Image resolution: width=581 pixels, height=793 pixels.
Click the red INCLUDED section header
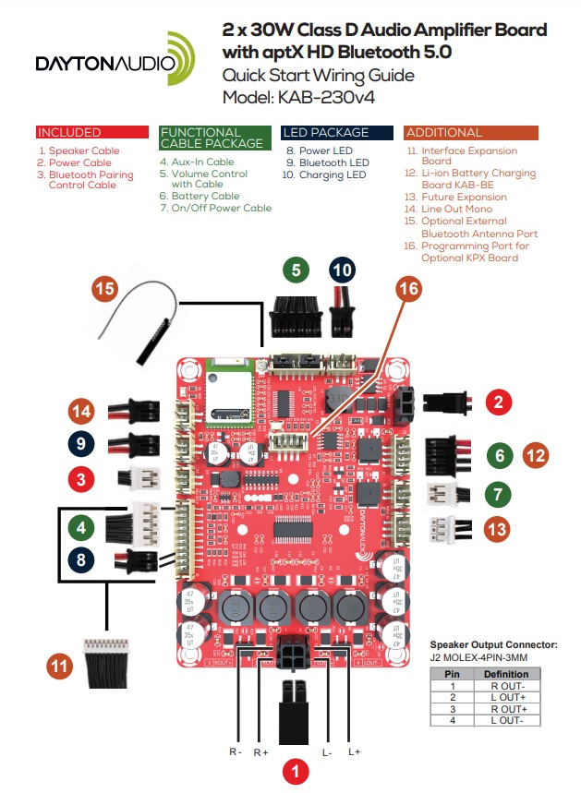click(92, 132)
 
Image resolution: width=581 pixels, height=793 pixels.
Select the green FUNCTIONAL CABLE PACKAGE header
click(215, 138)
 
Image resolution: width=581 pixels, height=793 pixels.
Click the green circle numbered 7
click(499, 493)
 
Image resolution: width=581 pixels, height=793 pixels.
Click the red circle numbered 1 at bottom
click(296, 768)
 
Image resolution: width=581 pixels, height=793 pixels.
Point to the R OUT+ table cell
click(505, 708)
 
